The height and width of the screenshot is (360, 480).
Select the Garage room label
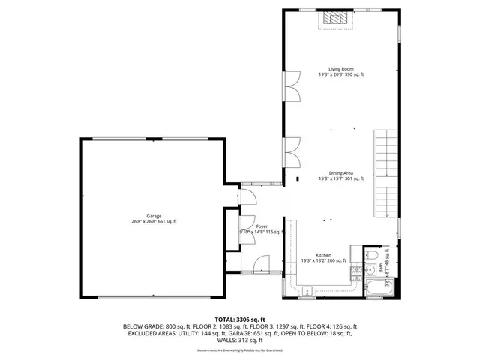[x=154, y=215]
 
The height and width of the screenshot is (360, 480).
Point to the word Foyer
[x=262, y=226]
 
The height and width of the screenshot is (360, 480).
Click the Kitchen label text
[x=323, y=254]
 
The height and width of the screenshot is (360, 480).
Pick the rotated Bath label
[x=381, y=266]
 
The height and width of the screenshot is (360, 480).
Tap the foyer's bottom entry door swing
[x=262, y=264]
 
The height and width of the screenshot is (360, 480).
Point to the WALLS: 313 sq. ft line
[x=239, y=340]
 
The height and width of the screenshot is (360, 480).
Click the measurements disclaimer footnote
[x=239, y=350]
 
